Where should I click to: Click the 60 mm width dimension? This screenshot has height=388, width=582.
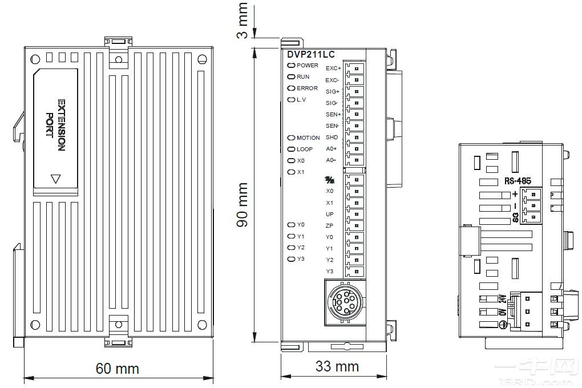[x=117, y=369]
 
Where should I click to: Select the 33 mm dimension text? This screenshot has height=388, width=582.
[x=337, y=366]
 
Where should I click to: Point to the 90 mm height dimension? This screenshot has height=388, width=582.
[x=243, y=204]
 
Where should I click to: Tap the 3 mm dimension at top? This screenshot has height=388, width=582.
[x=243, y=21]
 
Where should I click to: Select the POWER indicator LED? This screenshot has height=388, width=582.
[x=291, y=66]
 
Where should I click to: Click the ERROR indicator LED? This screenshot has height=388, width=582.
[x=291, y=88]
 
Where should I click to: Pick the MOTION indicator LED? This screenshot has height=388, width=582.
[x=291, y=138]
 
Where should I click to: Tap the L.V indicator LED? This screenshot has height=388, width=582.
[x=291, y=100]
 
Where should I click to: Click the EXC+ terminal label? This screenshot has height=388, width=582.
[x=333, y=68]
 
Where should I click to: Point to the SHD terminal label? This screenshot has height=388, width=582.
[x=332, y=138]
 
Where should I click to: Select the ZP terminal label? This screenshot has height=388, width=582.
[x=330, y=226]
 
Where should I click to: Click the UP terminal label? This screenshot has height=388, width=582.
[x=330, y=215]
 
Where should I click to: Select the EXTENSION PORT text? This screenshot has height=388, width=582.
[x=56, y=126]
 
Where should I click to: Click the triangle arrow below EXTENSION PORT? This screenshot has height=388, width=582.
[x=55, y=179]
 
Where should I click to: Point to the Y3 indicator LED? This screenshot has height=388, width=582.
[x=291, y=259]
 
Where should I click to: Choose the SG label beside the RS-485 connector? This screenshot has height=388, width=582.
[x=515, y=217]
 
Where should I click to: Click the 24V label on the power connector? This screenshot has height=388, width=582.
[x=502, y=300]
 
